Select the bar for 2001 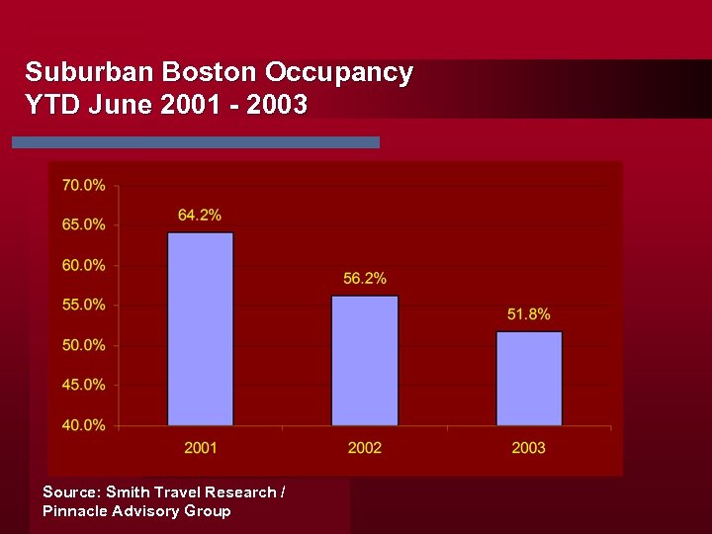pyautogui.click(x=201, y=329)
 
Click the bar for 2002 pyautogui.click(x=365, y=361)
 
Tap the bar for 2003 pyautogui.click(x=529, y=379)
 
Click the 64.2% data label pyautogui.click(x=200, y=215)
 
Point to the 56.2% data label pyautogui.click(x=365, y=279)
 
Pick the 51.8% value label pyautogui.click(x=529, y=314)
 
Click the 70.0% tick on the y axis pyautogui.click(x=83, y=185)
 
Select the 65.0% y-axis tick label pyautogui.click(x=83, y=224)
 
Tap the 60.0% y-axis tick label pyautogui.click(x=83, y=265)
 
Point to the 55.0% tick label pyautogui.click(x=83, y=305)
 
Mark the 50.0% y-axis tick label pyautogui.click(x=83, y=345)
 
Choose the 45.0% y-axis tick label pyautogui.click(x=83, y=385)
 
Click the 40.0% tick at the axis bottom pyautogui.click(x=83, y=425)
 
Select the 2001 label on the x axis pyautogui.click(x=201, y=448)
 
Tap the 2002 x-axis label pyautogui.click(x=365, y=448)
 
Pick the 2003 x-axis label pyautogui.click(x=529, y=448)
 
